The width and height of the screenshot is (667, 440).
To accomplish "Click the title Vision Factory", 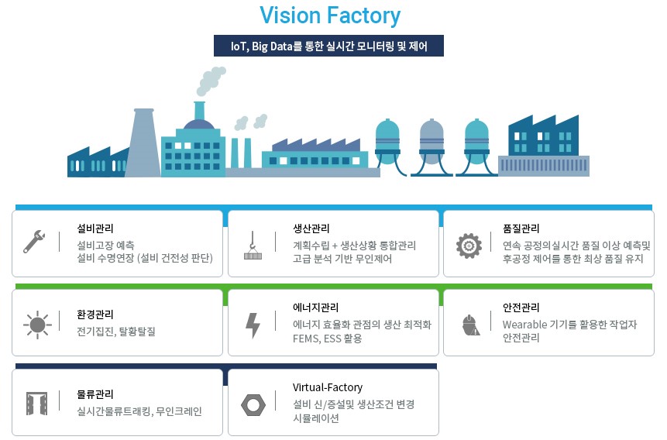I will [x=330, y=15].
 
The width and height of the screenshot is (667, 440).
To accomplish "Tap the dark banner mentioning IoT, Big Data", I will [x=329, y=46].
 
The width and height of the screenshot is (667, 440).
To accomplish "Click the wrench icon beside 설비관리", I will [x=34, y=242].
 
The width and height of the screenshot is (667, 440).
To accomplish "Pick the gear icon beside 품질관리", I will [x=469, y=245].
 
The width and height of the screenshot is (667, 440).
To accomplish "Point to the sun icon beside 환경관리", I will [x=36, y=323].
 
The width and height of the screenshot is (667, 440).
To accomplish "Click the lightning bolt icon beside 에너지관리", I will [x=253, y=325].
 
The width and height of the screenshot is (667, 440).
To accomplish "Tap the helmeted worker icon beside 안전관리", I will [x=469, y=323].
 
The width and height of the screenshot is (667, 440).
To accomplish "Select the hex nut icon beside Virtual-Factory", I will [x=252, y=403].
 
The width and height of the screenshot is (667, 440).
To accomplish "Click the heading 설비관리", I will [x=95, y=229].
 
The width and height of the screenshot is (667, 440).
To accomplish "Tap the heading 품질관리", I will [x=521, y=229].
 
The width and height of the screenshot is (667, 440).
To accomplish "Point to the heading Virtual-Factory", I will [x=328, y=387].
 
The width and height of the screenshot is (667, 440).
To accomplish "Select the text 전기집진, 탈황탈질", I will [x=116, y=331].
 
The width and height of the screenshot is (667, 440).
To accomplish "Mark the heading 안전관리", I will [x=521, y=308].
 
